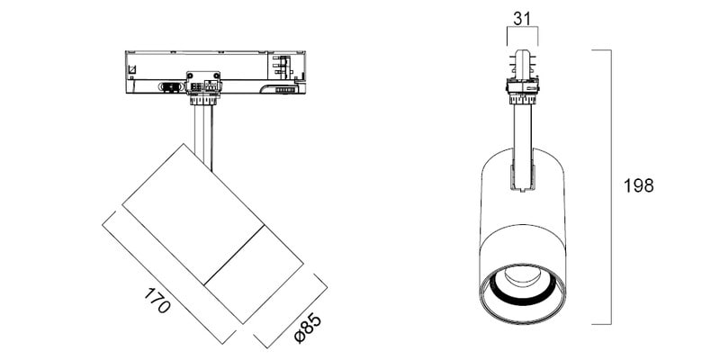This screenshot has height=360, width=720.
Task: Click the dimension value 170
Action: pos(157,301)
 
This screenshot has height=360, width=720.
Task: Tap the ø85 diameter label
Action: pos(308,328)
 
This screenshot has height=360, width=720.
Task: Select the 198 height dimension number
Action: pos(638,186)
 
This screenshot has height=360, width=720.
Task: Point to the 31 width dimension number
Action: pos(522,19)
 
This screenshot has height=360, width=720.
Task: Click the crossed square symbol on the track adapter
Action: pos(131,70)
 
